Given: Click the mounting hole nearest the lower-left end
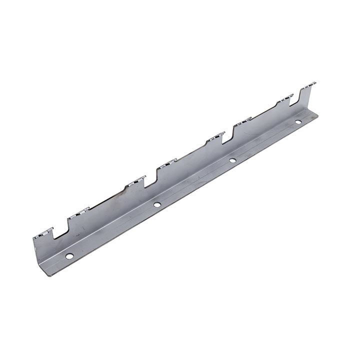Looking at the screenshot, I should pos(69,256).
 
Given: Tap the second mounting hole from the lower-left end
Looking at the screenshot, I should pos(156,204).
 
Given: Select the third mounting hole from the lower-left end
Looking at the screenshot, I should pos(232,160).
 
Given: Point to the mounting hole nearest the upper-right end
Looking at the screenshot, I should pos(298,122).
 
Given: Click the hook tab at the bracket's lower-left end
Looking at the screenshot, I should pos(43,232).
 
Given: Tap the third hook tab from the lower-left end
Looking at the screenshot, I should pos(135,181).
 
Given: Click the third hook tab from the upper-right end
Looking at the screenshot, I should pos(242,120).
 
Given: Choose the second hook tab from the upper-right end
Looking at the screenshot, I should pos(285,98).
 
